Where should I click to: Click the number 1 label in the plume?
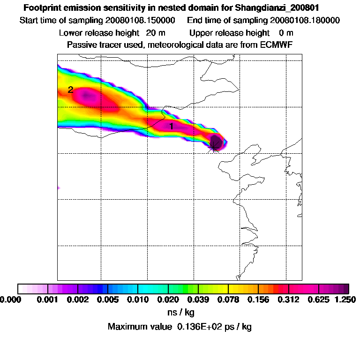[171, 126]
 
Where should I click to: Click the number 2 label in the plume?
[70, 90]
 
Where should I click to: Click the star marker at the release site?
[214, 146]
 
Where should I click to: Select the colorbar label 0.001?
[48, 299]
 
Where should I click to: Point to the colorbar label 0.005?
[108, 299]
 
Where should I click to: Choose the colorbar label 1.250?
[345, 299]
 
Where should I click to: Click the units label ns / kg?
[180, 312]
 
